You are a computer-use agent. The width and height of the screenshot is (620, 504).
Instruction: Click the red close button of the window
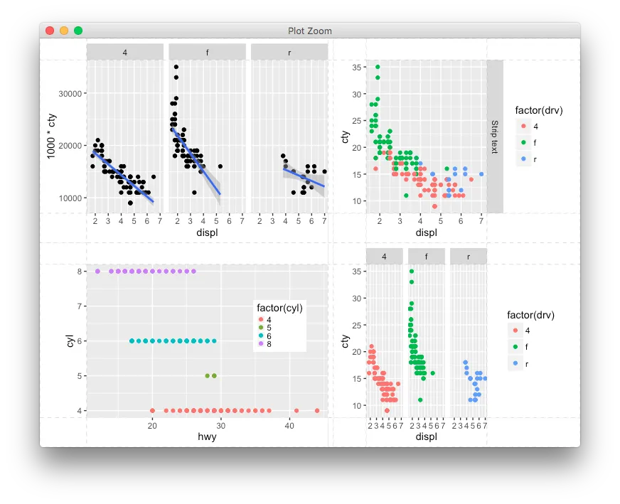click(x=50, y=31)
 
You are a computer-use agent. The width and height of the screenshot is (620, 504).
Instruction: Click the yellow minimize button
click(x=64, y=31)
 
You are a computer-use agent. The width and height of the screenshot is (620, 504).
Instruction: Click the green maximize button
click(x=78, y=31)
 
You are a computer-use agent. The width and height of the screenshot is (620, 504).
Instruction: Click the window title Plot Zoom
click(x=309, y=31)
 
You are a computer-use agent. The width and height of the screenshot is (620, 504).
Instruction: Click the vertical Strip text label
click(x=495, y=136)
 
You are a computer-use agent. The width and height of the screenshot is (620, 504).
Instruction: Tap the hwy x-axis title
click(x=207, y=437)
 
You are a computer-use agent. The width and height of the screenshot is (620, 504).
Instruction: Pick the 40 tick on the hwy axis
click(x=289, y=425)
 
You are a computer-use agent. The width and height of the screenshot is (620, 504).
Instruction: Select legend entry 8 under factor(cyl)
click(x=269, y=343)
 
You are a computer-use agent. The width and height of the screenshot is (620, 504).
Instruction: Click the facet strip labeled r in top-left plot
click(x=289, y=52)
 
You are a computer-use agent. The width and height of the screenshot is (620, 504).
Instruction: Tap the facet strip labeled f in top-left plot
click(x=207, y=52)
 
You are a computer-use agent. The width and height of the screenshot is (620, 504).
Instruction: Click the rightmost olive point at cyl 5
click(x=214, y=375)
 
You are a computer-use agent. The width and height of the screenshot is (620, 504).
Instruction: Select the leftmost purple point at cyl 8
click(x=97, y=271)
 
